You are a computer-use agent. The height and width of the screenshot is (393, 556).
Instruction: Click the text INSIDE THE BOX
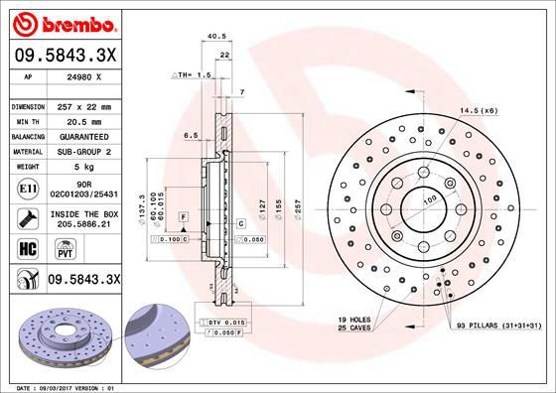(83, 214)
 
